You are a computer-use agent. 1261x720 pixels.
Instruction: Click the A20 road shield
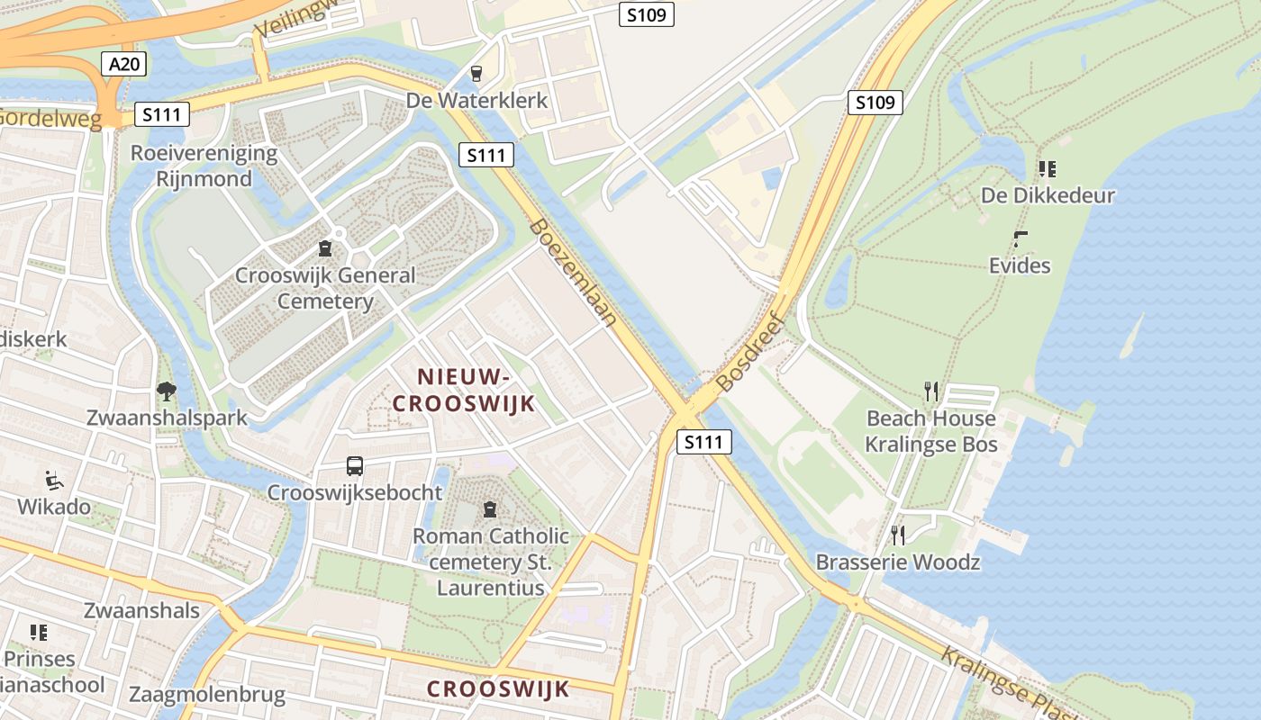point(124,64)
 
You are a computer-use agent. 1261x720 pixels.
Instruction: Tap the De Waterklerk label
point(476,100)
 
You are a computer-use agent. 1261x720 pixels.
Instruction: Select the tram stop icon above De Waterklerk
point(476,74)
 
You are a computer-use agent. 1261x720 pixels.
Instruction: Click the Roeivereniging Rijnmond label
point(204,166)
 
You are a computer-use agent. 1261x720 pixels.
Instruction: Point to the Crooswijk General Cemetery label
point(325,288)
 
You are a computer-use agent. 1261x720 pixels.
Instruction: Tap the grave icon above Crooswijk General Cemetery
point(325,247)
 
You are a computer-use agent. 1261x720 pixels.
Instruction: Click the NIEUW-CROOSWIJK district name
point(464,390)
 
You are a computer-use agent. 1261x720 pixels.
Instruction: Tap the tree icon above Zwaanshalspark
point(166,391)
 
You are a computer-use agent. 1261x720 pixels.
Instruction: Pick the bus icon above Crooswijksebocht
point(355,466)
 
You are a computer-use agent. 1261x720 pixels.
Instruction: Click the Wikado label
point(54,507)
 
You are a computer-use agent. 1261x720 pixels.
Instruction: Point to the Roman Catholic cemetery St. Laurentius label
point(491,562)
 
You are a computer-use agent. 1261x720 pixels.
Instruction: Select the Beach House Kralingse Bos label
point(931,431)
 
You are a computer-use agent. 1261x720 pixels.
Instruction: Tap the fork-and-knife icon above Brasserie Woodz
point(897,535)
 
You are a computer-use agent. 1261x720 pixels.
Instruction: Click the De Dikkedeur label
point(1048,195)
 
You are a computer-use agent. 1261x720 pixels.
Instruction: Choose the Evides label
point(1020,265)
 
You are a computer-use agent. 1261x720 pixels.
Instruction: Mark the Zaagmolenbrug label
point(207,695)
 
